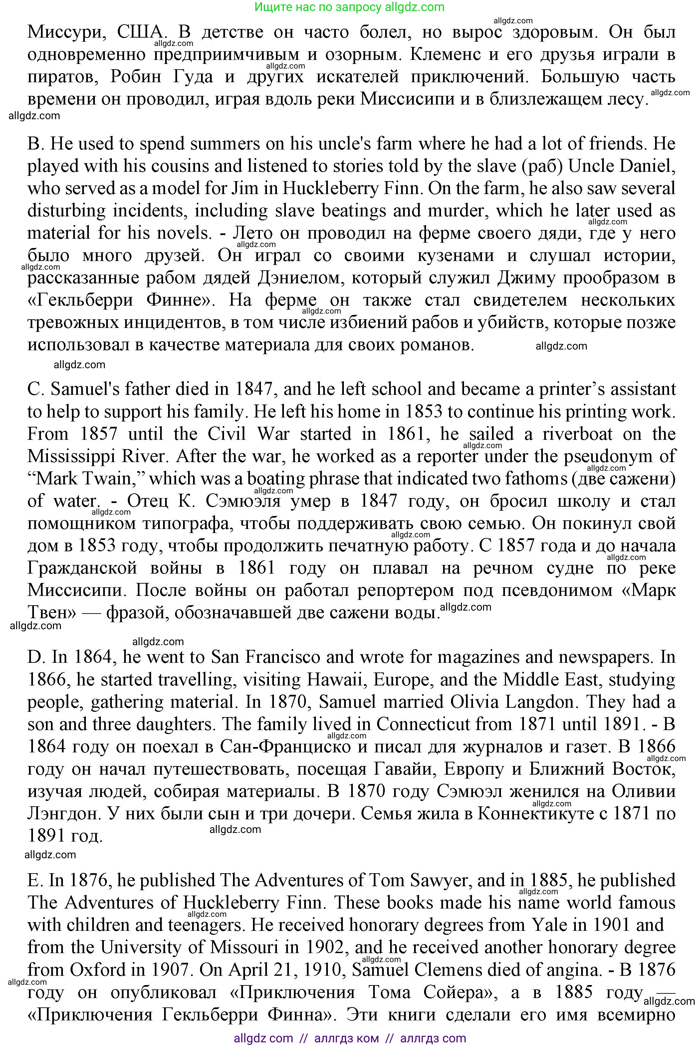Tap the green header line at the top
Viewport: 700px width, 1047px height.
pyautogui.click(x=350, y=7)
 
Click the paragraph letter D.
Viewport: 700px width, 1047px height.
pyautogui.click(x=34, y=657)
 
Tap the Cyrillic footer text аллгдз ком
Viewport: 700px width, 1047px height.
pyautogui.click(x=347, y=1039)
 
